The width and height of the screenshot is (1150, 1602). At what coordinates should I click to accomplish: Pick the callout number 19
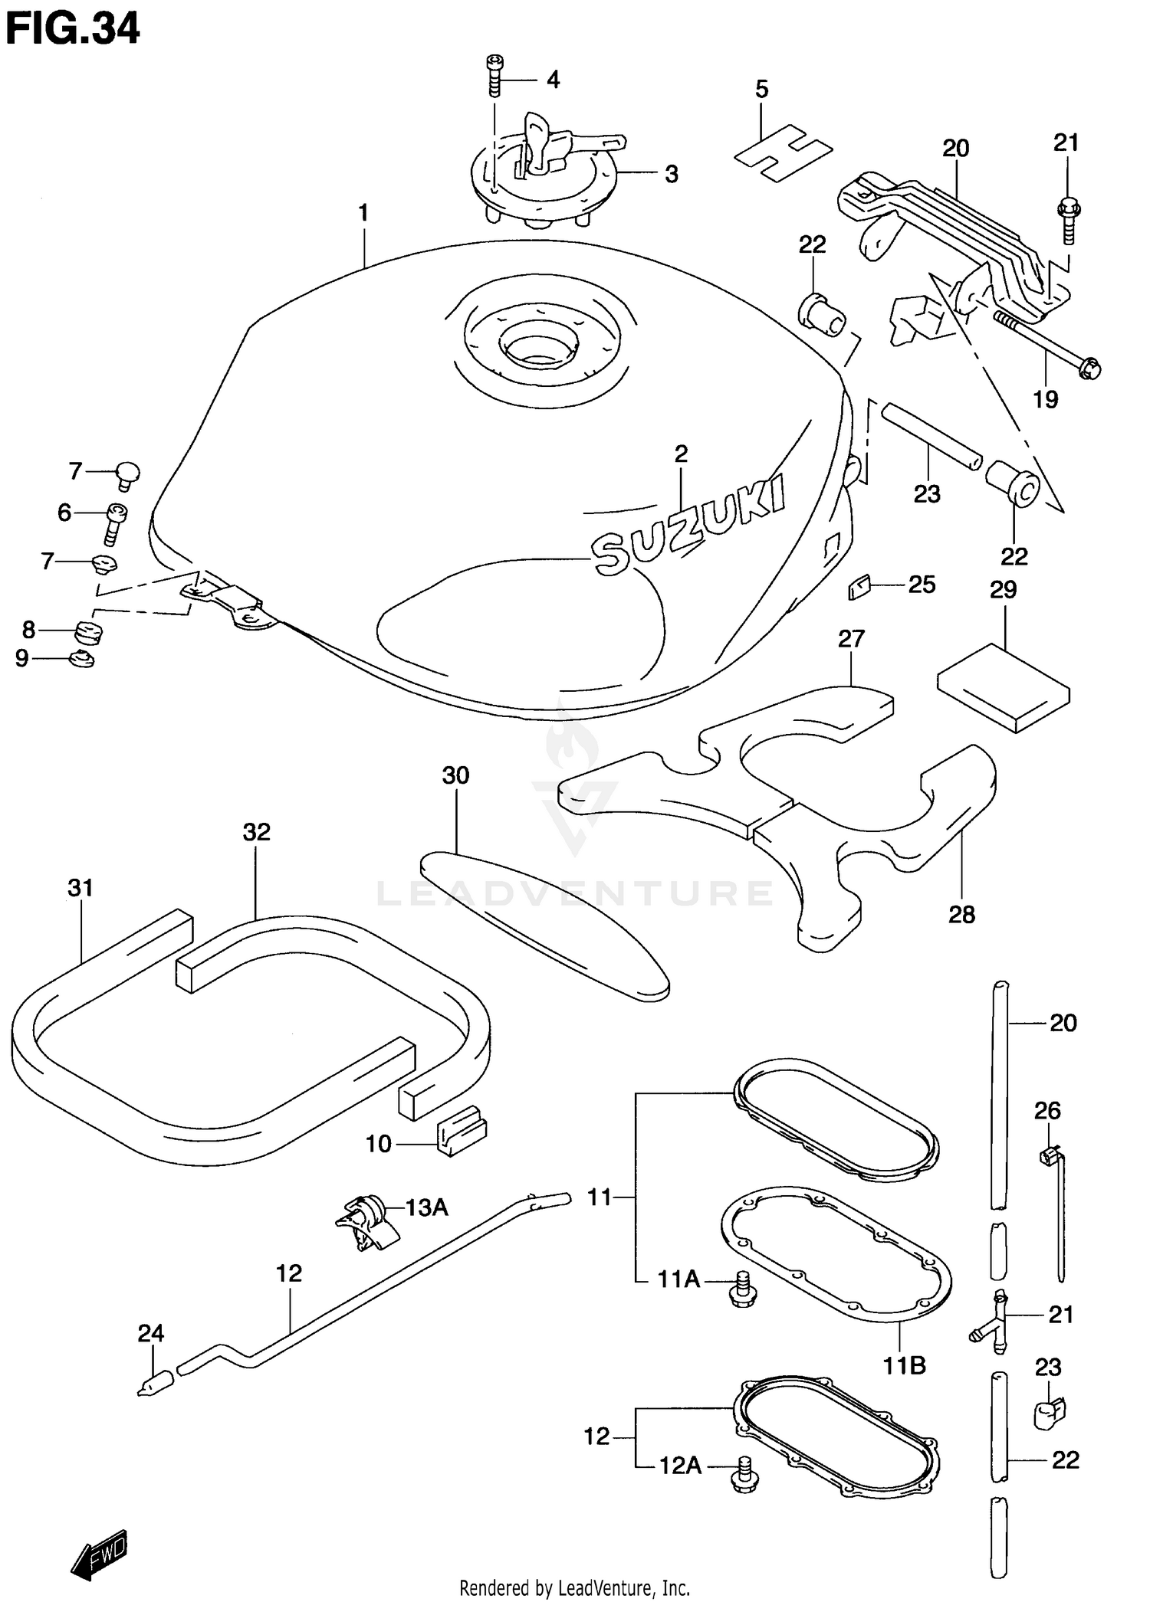1045,399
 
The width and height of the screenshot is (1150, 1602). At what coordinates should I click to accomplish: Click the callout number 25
922,585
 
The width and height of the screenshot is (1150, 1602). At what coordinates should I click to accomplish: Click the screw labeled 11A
742,1289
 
